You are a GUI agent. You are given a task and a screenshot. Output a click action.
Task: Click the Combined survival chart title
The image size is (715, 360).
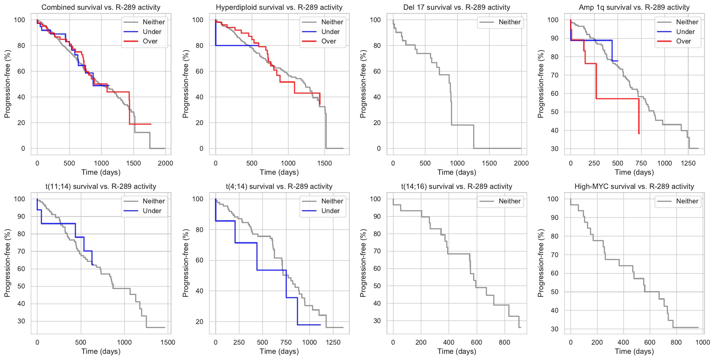pos(101,7)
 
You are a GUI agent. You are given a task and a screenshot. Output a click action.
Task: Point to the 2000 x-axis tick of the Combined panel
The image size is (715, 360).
pos(165,163)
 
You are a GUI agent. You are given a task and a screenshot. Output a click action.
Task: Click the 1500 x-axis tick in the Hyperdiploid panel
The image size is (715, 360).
pos(324,163)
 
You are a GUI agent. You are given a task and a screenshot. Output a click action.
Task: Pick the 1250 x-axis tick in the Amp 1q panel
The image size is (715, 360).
pos(688,163)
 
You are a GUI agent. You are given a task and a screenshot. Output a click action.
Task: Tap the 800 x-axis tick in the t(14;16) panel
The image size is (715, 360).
pos(504,342)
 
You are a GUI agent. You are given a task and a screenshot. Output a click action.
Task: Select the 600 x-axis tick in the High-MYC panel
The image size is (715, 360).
pos(650,342)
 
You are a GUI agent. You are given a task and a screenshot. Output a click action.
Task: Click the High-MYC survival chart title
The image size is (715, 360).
pos(634,187)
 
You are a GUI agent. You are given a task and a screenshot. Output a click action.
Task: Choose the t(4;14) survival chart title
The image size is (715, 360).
pos(279,187)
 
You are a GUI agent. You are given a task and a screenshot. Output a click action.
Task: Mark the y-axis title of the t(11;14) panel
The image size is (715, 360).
pos(7,263)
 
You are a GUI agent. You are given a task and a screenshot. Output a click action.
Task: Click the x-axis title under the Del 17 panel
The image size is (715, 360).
pos(457,172)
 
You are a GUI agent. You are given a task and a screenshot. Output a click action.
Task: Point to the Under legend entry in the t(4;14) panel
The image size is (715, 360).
pos(330,211)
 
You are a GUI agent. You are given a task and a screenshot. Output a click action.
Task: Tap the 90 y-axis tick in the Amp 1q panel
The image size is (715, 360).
pos(554,38)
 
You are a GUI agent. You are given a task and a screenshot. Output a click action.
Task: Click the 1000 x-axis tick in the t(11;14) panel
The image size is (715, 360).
pos(124,342)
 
